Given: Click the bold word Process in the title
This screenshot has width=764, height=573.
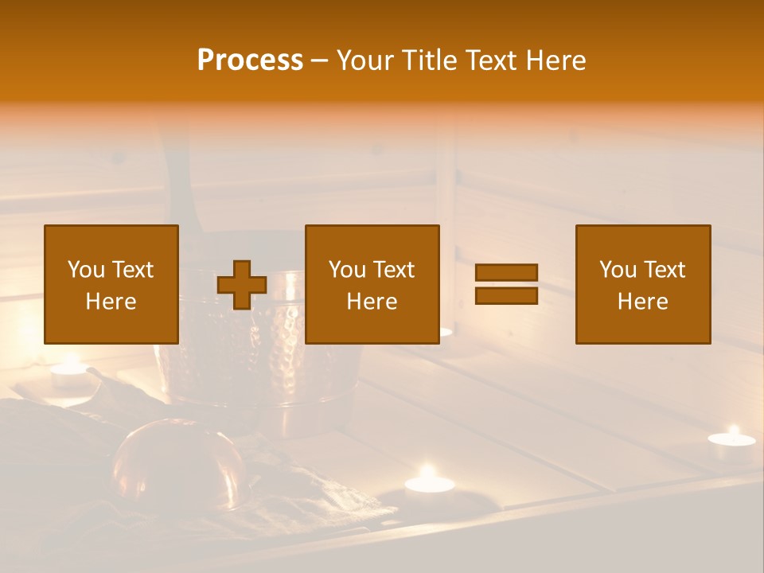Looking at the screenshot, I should [x=250, y=60].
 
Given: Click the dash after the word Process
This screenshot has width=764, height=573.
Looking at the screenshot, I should [x=320, y=61].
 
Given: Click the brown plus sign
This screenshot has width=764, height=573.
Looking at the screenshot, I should [x=242, y=285].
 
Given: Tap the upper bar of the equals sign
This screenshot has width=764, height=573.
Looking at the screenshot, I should [x=506, y=272].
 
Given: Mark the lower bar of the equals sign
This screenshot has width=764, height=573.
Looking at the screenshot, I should [x=506, y=295].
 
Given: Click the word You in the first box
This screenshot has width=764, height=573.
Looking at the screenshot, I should [x=86, y=270].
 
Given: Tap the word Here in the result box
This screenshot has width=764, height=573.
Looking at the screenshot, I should [x=643, y=302].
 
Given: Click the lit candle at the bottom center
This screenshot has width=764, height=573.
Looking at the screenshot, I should [x=428, y=482].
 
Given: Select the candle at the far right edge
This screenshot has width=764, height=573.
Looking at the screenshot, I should [x=731, y=443].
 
